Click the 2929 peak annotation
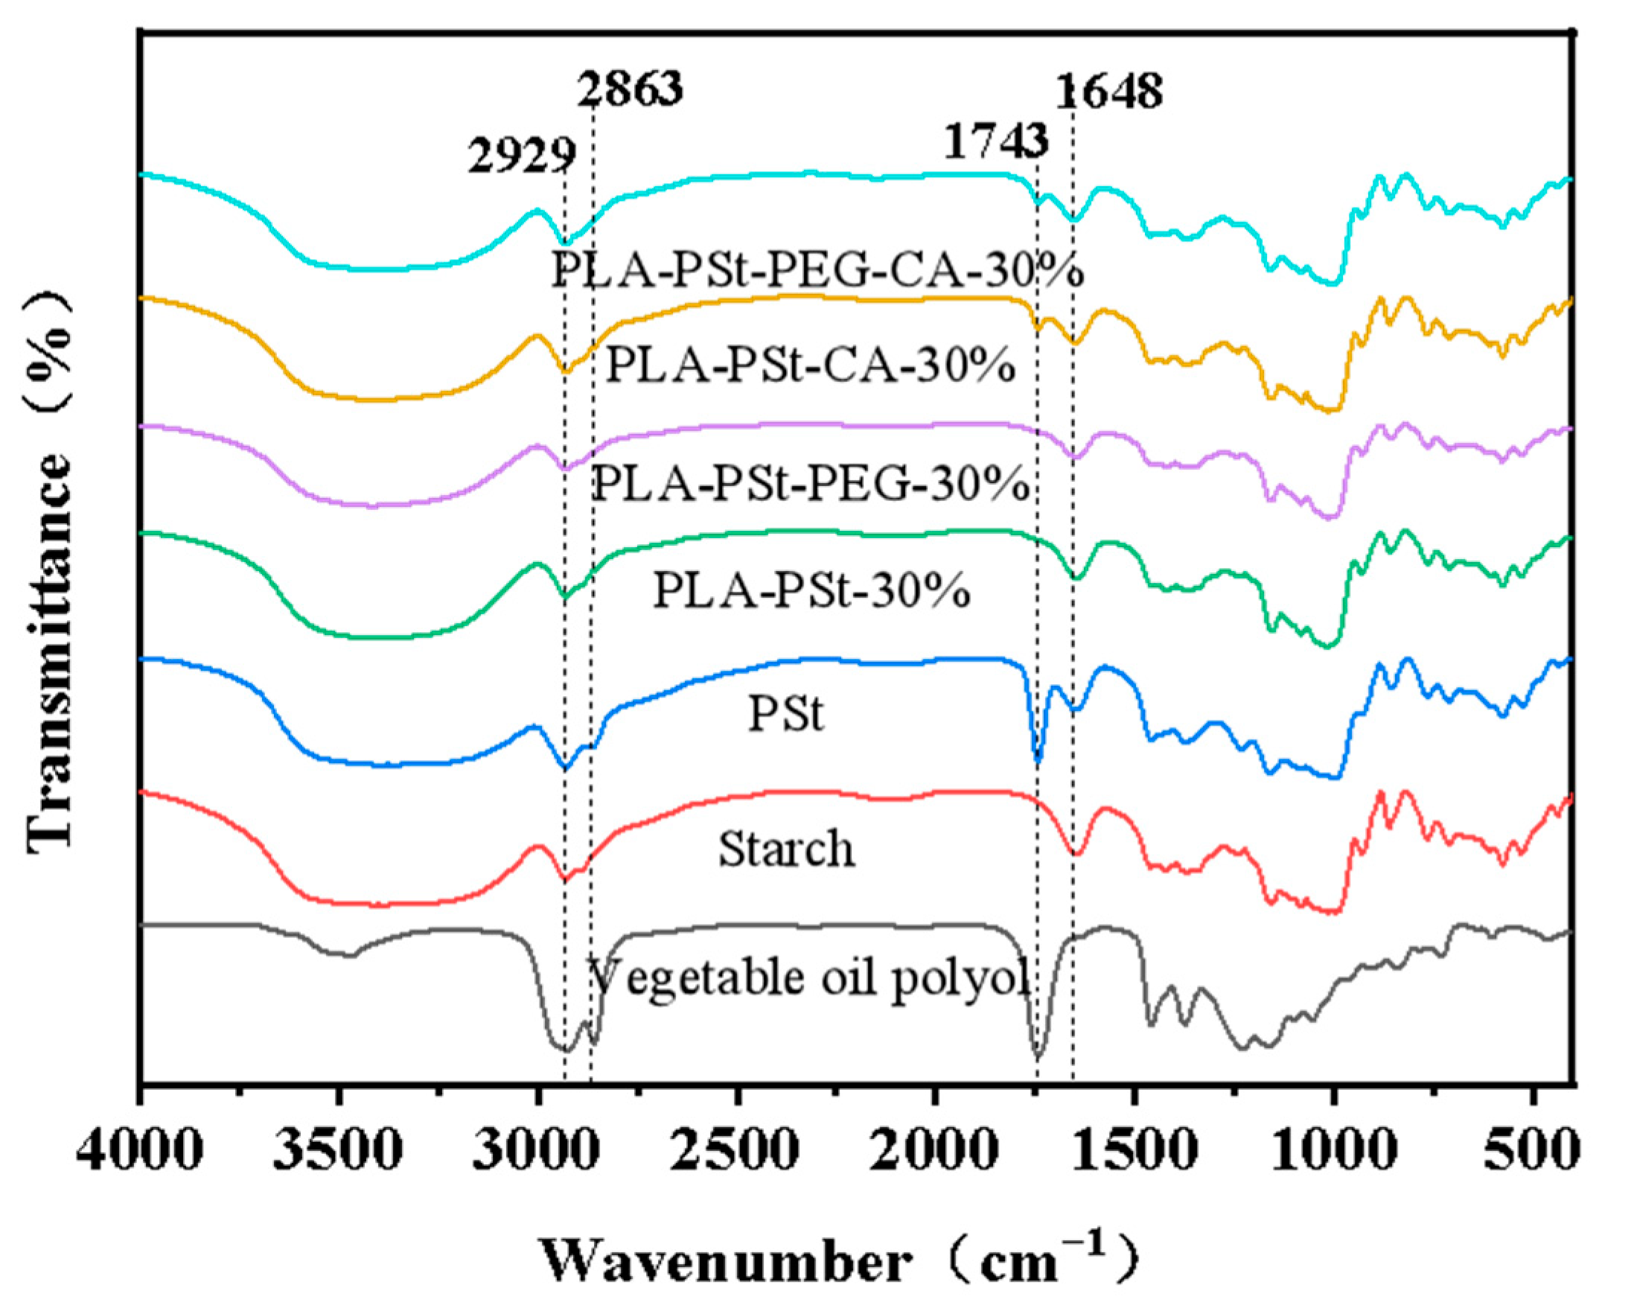click(522, 157)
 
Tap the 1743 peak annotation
click(996, 141)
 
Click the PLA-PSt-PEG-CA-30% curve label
click(817, 269)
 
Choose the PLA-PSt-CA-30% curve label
click(810, 367)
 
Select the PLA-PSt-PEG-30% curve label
click(810, 484)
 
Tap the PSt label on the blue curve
click(785, 714)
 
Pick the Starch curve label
click(786, 848)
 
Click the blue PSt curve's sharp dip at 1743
click(1038, 759)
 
